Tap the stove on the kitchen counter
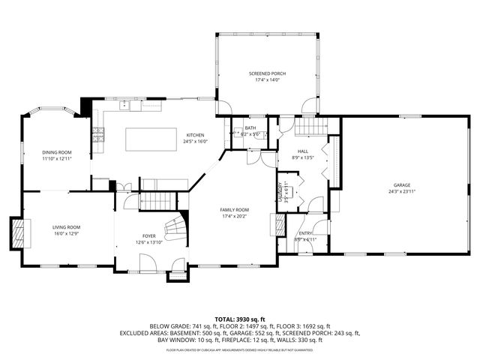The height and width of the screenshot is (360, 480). click(x=97, y=134)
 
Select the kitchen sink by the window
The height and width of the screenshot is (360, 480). click(x=135, y=106)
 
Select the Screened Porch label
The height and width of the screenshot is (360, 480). click(x=267, y=73)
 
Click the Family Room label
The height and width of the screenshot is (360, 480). click(x=234, y=209)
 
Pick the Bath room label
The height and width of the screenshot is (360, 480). click(x=250, y=127)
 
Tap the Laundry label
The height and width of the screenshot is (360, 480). click(x=281, y=190)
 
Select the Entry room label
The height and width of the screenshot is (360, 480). click(x=306, y=233)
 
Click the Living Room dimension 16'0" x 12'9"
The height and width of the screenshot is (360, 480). click(x=66, y=233)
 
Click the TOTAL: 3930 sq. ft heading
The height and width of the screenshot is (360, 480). click(x=240, y=319)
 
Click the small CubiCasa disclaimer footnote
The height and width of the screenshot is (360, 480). click(x=240, y=349)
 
